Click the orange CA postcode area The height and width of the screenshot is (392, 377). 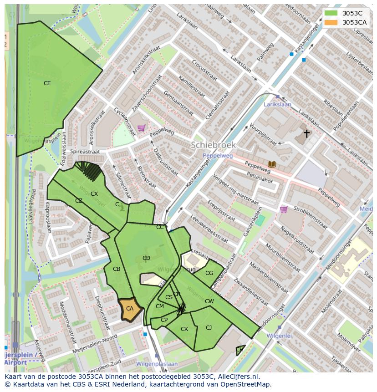pyautogui.click(x=129, y=309)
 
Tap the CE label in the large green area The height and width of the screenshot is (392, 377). pyautogui.click(x=47, y=83)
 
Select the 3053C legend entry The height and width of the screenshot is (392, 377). pyautogui.click(x=352, y=13)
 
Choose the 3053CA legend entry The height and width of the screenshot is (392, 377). pyautogui.click(x=354, y=22)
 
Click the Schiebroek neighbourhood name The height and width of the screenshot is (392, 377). pyautogui.click(x=213, y=145)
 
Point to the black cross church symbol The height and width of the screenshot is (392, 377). pyautogui.click(x=307, y=133)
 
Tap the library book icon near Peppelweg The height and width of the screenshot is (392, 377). pyautogui.click(x=272, y=164)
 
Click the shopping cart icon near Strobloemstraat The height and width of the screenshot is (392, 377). pyautogui.click(x=284, y=209)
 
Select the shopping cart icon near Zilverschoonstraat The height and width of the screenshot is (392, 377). pyautogui.click(x=141, y=128)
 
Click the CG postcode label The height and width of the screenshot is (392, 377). pyautogui.click(x=209, y=273)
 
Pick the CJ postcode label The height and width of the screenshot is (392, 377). pyautogui.click(x=209, y=327)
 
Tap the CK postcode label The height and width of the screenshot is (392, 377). pyautogui.click(x=184, y=329)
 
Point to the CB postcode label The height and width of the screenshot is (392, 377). pyautogui.click(x=117, y=269)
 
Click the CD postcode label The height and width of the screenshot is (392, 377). pyautogui.click(x=146, y=258)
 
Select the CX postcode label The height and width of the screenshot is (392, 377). pyautogui.click(x=94, y=194)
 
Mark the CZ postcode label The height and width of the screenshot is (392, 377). pyautogui.click(x=79, y=201)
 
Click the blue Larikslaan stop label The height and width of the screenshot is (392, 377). pyautogui.click(x=278, y=104)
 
